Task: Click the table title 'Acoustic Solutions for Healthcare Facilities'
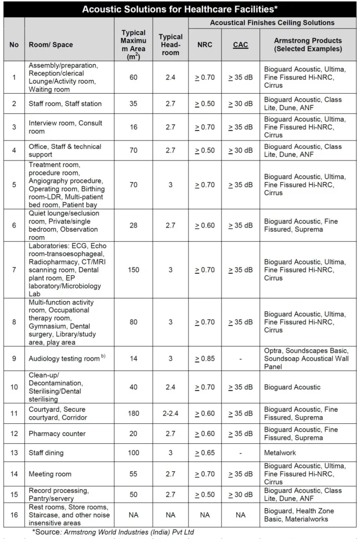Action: pos(179,9)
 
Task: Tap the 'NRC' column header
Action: pos(205,45)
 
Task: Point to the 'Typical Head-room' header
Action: pos(171,45)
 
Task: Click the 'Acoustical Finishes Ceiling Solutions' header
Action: pos(272,23)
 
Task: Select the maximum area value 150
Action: pos(133,269)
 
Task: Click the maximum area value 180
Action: pos(133,413)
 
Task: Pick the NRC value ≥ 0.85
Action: pos(205,358)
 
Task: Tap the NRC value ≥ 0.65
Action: pos(205,452)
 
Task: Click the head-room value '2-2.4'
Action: pos(171,413)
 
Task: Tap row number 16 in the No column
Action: pos(14,515)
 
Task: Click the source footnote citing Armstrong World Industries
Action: pos(113,532)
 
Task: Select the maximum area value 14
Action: pos(133,358)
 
